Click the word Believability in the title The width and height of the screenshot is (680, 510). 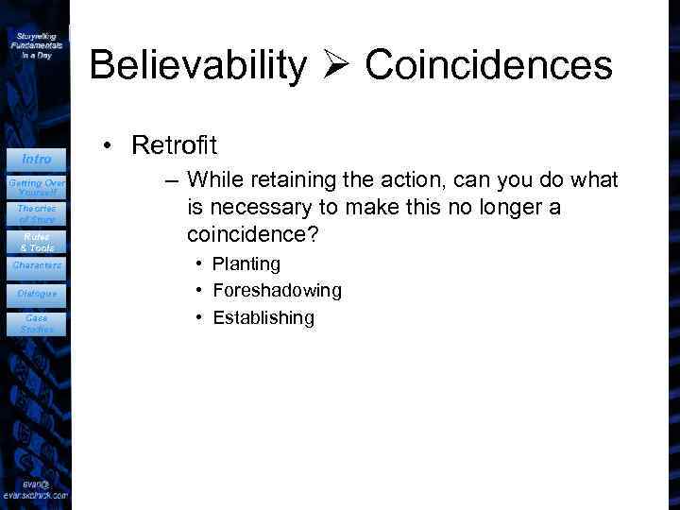tap(197, 66)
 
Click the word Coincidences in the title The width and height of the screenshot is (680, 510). tap(488, 66)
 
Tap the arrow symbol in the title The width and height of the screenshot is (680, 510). tap(335, 66)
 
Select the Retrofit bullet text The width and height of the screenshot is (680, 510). tap(175, 145)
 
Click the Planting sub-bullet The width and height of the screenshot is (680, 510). tap(246, 263)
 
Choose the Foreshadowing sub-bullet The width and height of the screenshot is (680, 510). tap(277, 291)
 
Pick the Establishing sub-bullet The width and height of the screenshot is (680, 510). tap(263, 318)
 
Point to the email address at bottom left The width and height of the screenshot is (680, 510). tap(35, 490)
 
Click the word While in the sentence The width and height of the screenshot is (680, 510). tap(214, 179)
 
